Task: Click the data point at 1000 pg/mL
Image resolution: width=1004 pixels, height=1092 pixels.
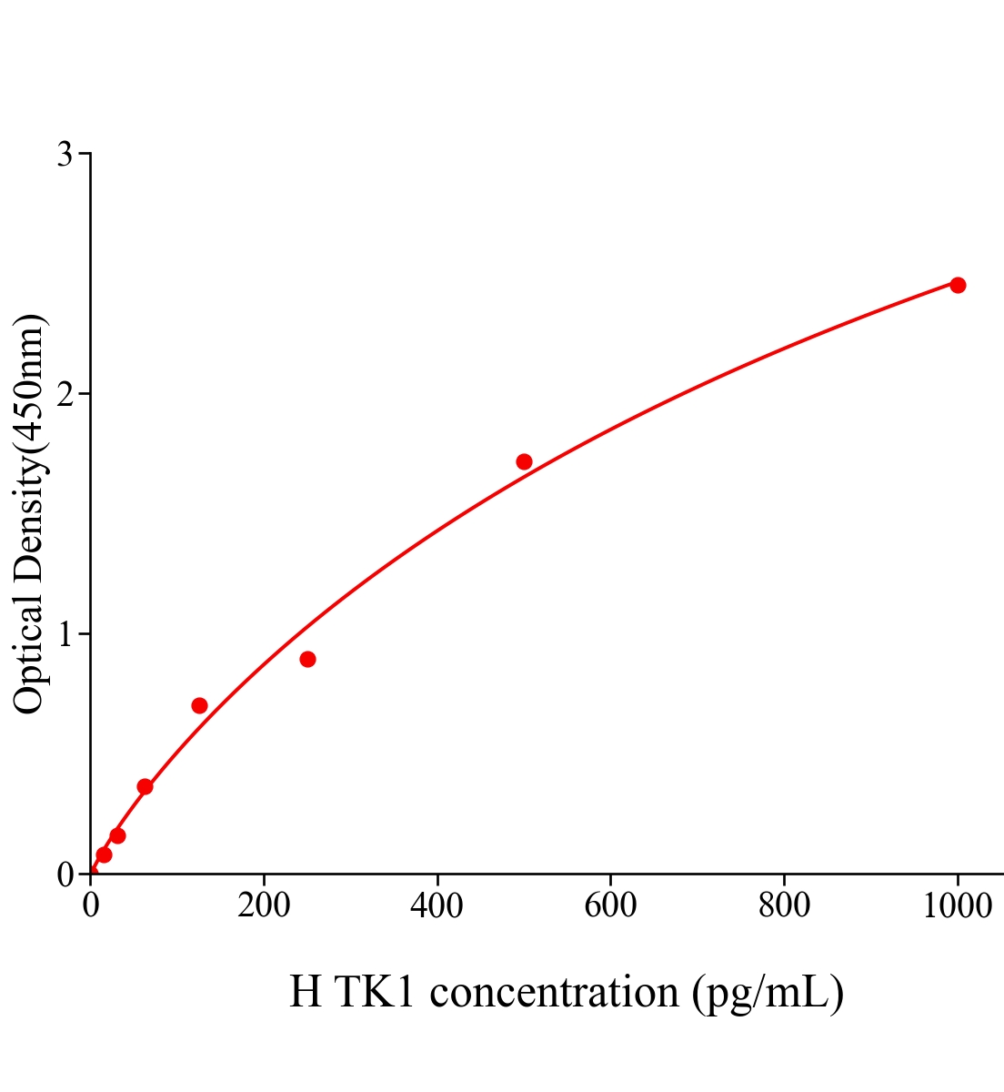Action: coord(958,285)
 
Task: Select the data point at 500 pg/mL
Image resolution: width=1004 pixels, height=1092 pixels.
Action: coord(524,461)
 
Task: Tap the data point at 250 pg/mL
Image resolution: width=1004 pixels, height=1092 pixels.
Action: coord(307,659)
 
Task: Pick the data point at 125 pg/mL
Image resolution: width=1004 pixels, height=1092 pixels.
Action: coord(199,705)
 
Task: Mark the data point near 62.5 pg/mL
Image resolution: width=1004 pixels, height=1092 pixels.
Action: coord(145,786)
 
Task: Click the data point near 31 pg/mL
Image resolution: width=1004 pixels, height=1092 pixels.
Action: coord(117,835)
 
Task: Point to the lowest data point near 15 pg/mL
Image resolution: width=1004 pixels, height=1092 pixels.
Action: coord(104,854)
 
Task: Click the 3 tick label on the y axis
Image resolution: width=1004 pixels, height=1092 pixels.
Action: coord(65,155)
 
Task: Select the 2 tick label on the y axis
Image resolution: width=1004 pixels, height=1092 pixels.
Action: coord(65,394)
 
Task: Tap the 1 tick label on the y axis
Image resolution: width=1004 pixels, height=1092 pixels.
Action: coord(65,634)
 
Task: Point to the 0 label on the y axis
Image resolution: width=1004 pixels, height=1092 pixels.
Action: coord(65,875)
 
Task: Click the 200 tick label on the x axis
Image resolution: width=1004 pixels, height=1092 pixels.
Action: coord(264,906)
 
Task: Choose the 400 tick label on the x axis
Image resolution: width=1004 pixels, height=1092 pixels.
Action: coord(437,906)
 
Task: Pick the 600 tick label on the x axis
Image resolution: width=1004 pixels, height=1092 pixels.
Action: coord(610,906)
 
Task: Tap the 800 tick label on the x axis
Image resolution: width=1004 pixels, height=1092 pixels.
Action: coord(783,906)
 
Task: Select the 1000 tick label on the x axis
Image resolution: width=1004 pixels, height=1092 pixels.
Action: coord(957,906)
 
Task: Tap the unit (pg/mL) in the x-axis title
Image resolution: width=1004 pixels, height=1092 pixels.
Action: coord(768,993)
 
